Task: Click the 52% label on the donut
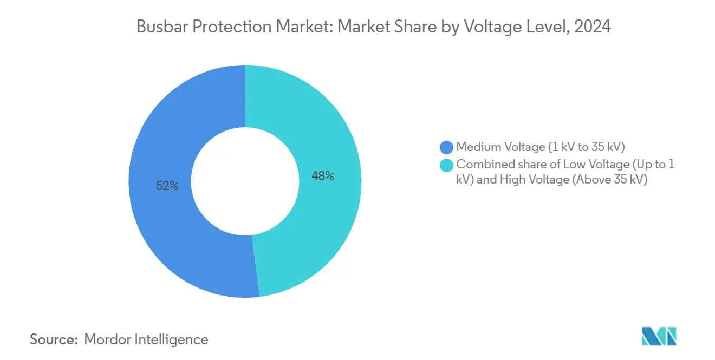pos(167,186)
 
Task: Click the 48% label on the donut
pos(323,176)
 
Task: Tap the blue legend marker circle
pos(447,147)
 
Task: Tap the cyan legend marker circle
pos(447,165)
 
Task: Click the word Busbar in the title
pos(157,27)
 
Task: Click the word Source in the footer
pos(53,339)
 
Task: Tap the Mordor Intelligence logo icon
pos(659,337)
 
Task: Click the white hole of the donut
pos(245,181)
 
